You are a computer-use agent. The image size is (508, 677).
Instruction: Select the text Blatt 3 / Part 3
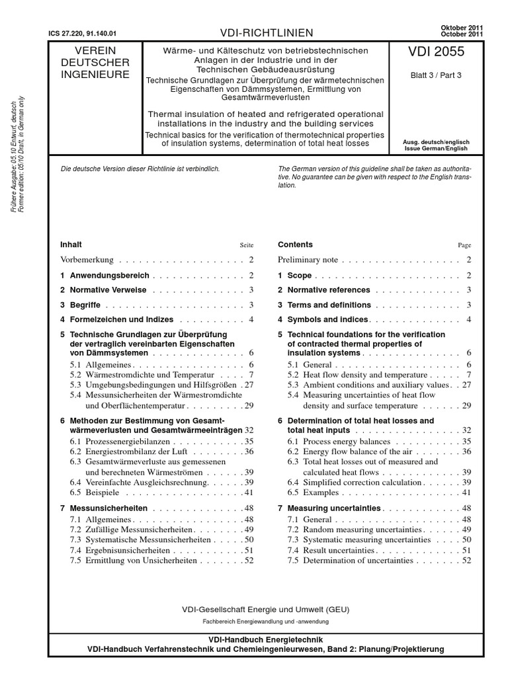437,75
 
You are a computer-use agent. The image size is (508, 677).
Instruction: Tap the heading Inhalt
71,245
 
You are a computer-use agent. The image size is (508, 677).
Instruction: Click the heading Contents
295,245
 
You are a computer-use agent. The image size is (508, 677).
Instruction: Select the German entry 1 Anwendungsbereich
105,275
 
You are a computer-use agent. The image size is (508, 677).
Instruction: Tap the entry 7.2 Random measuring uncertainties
354,530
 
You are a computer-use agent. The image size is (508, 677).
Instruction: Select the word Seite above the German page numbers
246,245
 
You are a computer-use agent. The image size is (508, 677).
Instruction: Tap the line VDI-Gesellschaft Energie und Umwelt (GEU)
265,609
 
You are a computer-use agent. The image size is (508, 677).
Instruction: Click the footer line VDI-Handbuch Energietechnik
266,641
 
